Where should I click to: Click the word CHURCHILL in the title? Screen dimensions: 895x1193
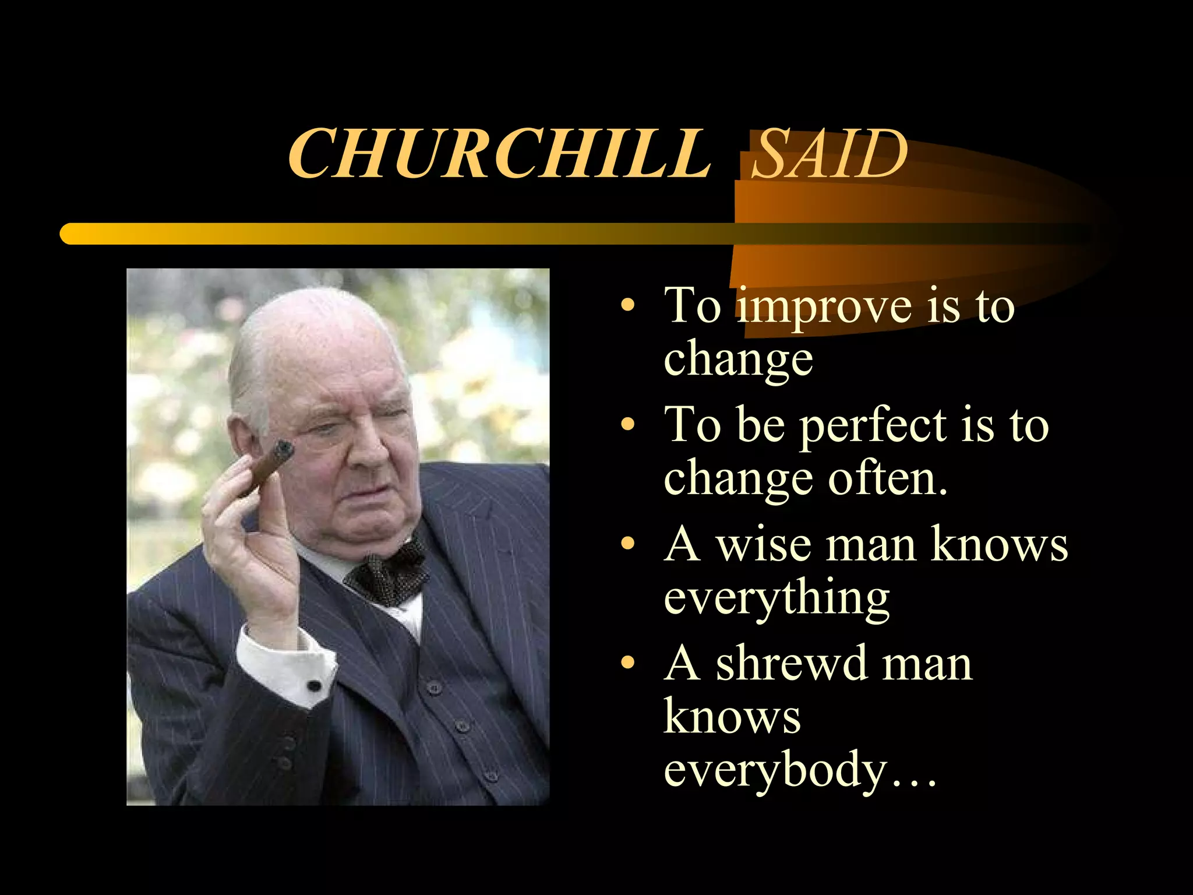(499, 153)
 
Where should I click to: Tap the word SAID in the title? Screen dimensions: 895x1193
(830, 153)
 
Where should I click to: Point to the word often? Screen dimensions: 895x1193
(888, 479)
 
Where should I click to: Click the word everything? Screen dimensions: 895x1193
(776, 599)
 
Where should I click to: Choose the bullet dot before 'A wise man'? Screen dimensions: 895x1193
(627, 543)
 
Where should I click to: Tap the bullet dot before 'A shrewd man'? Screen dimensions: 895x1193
(627, 663)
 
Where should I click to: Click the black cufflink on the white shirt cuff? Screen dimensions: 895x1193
(314, 685)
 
